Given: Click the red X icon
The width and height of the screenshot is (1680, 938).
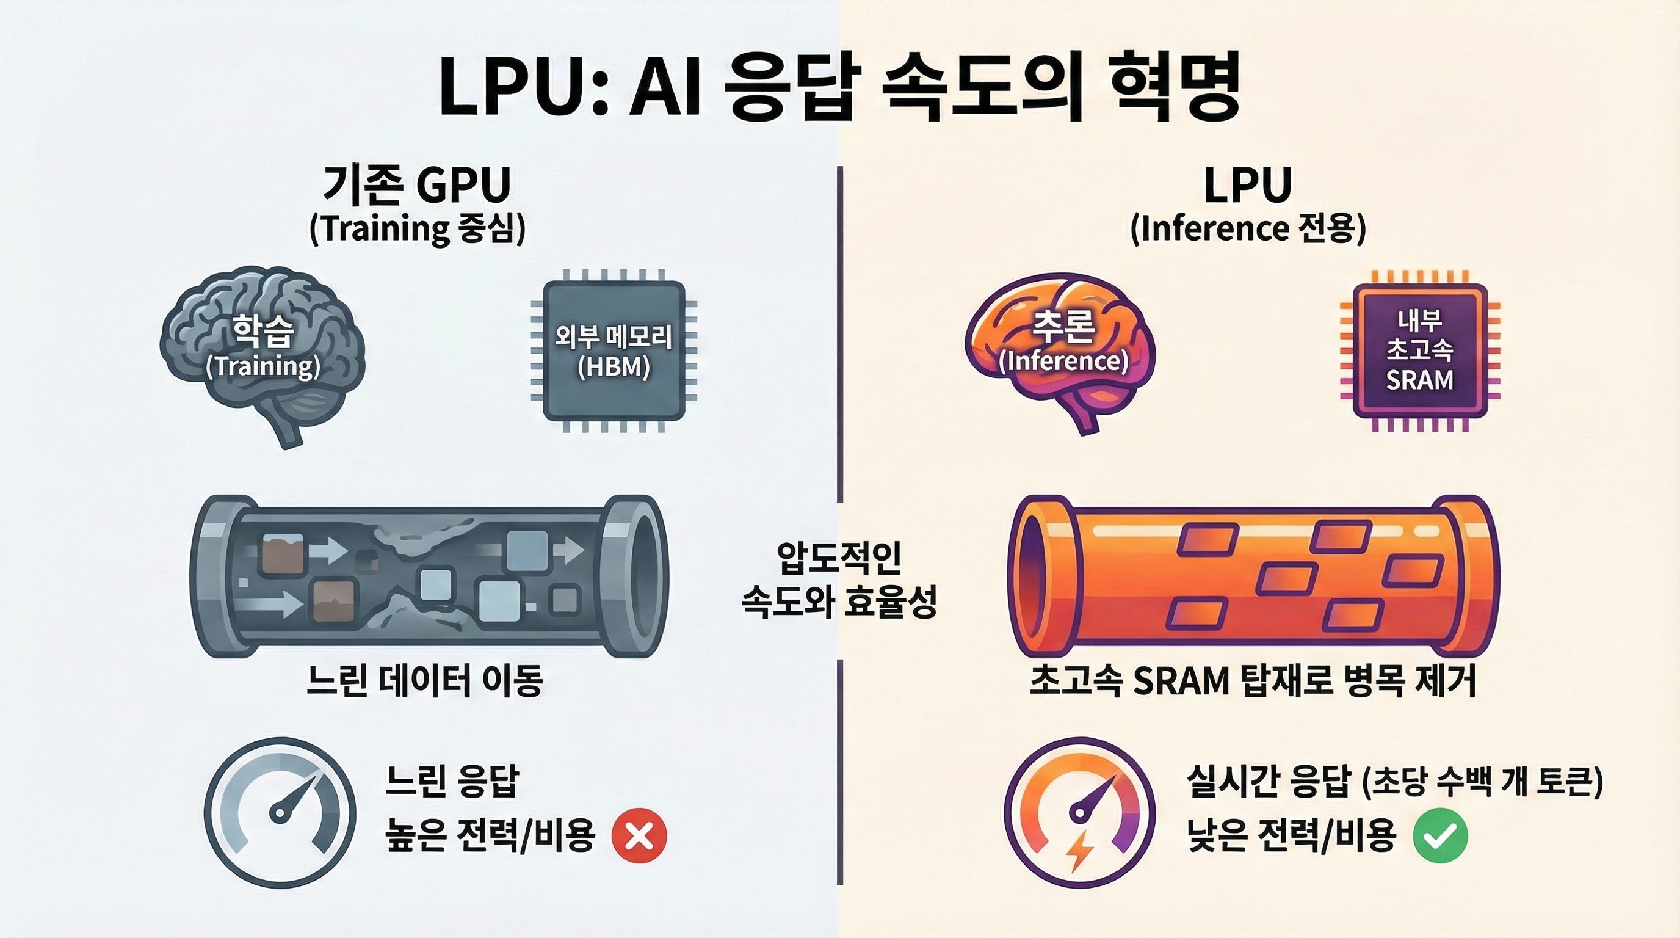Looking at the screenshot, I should coord(639,835).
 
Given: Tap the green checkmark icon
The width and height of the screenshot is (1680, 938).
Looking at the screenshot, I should coord(1440,835).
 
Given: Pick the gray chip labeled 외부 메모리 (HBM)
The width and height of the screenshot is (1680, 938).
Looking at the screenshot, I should coord(614,351).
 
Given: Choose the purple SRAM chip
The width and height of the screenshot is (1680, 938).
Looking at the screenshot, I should coord(1420,351).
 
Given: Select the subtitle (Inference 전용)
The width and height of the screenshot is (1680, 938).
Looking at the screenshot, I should coord(1248,229).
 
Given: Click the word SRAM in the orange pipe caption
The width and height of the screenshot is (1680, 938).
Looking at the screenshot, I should coord(1181,682).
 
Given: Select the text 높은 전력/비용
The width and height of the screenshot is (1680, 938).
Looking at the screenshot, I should coord(490,835).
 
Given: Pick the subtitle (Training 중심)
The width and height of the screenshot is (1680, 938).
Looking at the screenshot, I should coord(418,229).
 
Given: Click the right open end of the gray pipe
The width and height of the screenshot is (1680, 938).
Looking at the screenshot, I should coord(642,575).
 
